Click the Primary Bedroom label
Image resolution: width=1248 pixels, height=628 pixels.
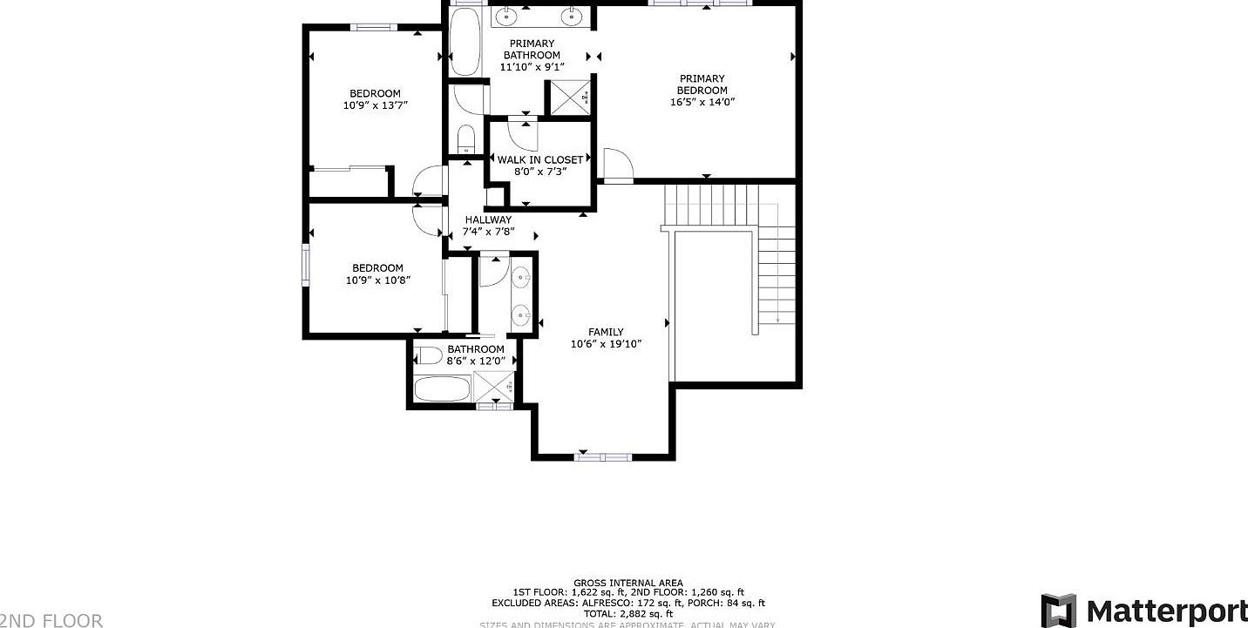[702, 84]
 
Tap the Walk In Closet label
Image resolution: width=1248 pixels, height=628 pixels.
[539, 159]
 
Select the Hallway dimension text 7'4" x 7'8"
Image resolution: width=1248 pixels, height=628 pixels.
[488, 232]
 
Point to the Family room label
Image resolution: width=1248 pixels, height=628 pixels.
[606, 332]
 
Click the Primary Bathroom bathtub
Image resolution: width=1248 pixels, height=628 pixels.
[465, 42]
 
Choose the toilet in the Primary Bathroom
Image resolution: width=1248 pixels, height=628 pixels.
[465, 139]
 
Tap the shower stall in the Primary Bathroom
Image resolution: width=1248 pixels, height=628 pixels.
[567, 98]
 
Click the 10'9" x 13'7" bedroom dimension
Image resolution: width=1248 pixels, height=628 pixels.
[376, 105]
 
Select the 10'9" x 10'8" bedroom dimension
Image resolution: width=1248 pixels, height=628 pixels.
[377, 280]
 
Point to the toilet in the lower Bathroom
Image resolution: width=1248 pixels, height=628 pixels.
[429, 355]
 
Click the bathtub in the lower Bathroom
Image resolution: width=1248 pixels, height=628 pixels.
[442, 388]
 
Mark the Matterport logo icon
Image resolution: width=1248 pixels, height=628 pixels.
[1058, 611]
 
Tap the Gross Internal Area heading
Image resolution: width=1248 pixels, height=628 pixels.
[627, 583]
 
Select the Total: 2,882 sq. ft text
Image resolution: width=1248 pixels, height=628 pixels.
[627, 613]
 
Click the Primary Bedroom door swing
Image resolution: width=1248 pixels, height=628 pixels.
[616, 165]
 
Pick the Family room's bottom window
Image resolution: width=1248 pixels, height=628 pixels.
[603, 456]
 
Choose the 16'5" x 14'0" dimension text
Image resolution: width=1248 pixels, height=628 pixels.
[702, 102]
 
